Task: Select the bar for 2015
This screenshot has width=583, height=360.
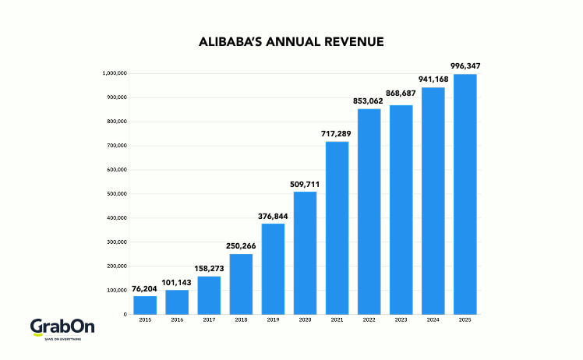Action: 144,305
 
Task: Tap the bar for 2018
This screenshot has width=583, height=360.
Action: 241,284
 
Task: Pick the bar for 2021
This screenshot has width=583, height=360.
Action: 337,228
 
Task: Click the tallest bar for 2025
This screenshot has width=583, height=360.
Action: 465,194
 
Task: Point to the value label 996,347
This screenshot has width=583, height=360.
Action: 465,66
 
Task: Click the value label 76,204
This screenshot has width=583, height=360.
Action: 144,288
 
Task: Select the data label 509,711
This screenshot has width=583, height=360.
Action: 305,184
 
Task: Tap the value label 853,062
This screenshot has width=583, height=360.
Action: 369,101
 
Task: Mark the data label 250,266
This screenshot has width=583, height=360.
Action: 241,246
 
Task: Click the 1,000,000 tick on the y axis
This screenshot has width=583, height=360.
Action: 115,74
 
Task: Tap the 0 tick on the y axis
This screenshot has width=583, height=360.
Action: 125,314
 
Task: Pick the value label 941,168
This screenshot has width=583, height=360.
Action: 433,79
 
